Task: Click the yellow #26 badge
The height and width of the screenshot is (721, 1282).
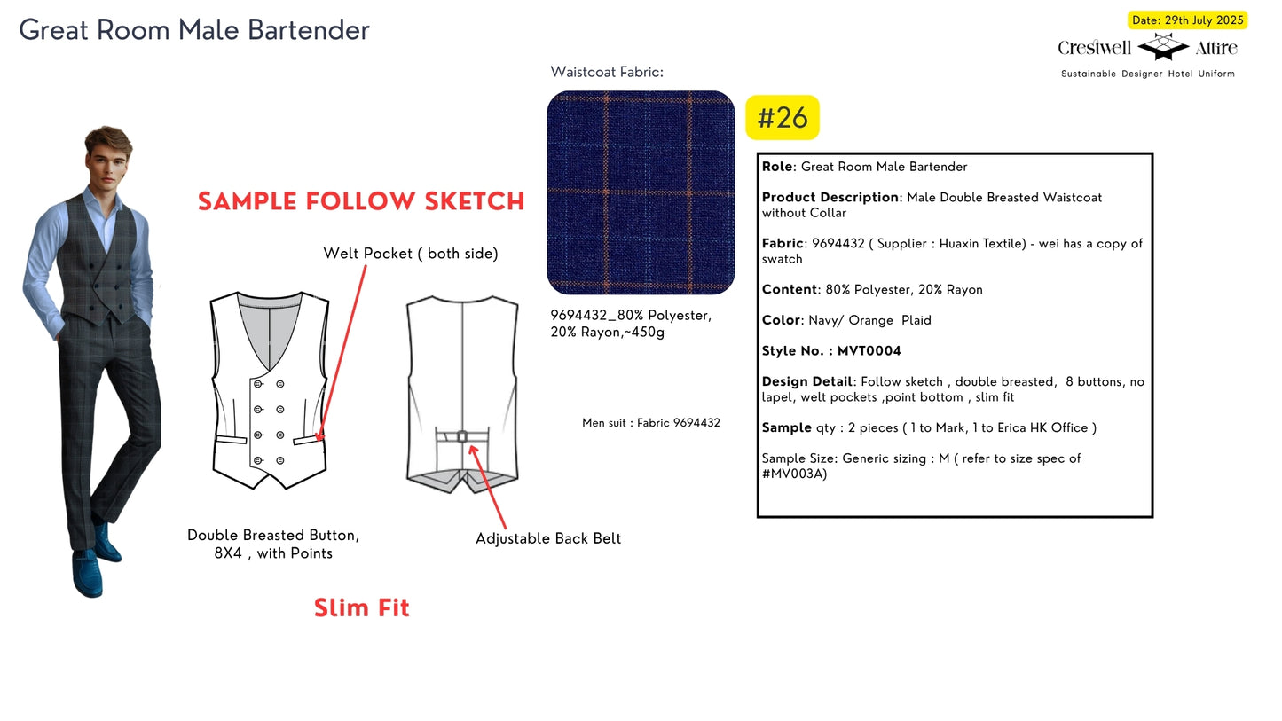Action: click(x=783, y=117)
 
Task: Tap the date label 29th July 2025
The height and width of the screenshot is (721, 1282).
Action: click(x=1204, y=20)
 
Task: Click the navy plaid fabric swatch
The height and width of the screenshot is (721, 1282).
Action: click(x=641, y=192)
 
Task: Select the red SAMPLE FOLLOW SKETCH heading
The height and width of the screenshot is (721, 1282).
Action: click(x=361, y=201)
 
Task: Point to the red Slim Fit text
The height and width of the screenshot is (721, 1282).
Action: click(x=362, y=607)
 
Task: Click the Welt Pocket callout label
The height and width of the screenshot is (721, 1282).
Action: click(x=411, y=254)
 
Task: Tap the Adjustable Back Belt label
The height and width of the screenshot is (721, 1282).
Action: click(x=548, y=538)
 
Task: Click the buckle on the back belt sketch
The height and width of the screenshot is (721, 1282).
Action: click(x=462, y=437)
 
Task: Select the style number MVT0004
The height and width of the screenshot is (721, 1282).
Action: click(x=869, y=351)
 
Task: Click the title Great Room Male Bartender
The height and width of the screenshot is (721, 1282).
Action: click(x=194, y=30)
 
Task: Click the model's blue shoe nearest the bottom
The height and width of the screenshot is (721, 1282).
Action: click(x=88, y=574)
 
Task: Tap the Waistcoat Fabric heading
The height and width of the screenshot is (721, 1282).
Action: click(x=607, y=72)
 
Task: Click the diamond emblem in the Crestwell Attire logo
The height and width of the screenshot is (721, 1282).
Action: click(x=1163, y=47)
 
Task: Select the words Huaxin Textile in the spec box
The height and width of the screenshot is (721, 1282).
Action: click(x=982, y=244)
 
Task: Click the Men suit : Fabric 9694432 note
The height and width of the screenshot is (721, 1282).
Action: click(x=651, y=423)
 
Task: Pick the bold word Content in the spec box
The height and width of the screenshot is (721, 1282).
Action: click(x=790, y=289)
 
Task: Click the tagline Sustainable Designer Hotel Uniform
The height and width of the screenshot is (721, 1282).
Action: click(x=1147, y=74)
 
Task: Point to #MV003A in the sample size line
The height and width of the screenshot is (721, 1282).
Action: click(x=794, y=474)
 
